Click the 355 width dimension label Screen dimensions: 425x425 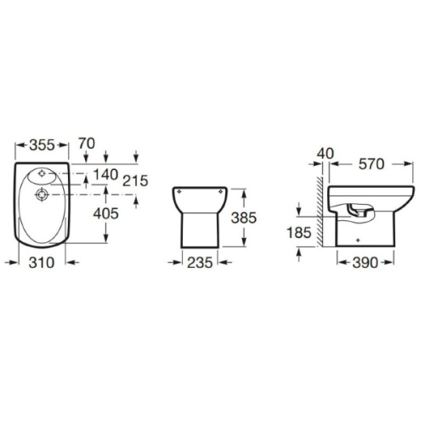pyautogui.click(x=42, y=145)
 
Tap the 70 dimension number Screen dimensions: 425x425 pyautogui.click(x=87, y=144)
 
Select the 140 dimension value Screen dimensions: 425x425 pyautogui.click(x=105, y=174)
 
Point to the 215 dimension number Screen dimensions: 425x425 pyautogui.click(x=135, y=181)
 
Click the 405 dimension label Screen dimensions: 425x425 pyautogui.click(x=105, y=213)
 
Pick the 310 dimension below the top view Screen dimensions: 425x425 pyautogui.click(x=42, y=263)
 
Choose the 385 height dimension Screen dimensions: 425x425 pyautogui.click(x=244, y=218)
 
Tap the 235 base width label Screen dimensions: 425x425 pyautogui.click(x=200, y=263)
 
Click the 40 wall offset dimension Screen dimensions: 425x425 pyautogui.click(x=326, y=154)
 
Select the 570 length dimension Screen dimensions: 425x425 pyautogui.click(x=371, y=164)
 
